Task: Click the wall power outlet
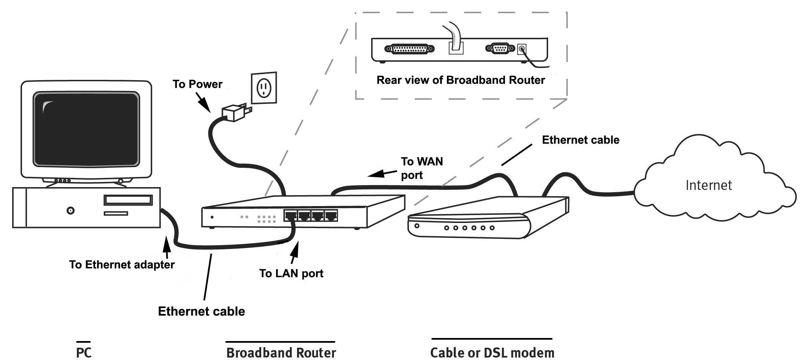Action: coord(264,88)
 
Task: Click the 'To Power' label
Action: coord(197,84)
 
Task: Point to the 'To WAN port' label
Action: coord(421,168)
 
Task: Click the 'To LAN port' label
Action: coord(291,273)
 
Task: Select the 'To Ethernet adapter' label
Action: coord(122,264)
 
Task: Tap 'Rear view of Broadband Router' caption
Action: coord(460,80)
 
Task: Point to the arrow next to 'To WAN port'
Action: coord(382,174)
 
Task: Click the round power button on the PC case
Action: coord(70,211)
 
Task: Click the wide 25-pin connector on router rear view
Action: coord(409,49)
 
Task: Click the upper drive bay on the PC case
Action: coord(128,200)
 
